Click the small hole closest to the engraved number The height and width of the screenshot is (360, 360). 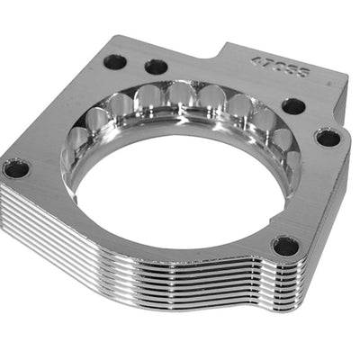(293, 106)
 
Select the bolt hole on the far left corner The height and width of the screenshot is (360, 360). (15, 168)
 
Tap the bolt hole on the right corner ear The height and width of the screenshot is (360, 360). (328, 138)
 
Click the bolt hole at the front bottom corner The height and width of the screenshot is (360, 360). (285, 245)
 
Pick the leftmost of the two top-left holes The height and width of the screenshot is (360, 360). (114, 62)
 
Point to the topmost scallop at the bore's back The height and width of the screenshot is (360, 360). (180, 96)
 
